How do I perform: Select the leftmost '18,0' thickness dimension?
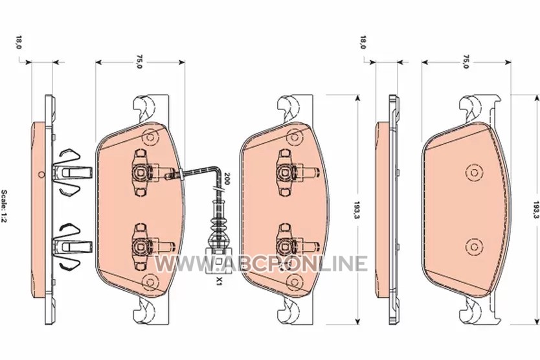[x=19, y=42]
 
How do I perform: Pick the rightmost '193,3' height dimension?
[x=536, y=210]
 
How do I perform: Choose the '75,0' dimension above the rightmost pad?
[x=466, y=62]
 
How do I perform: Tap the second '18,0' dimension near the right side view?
[x=363, y=42]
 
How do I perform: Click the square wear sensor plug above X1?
[x=216, y=261]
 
